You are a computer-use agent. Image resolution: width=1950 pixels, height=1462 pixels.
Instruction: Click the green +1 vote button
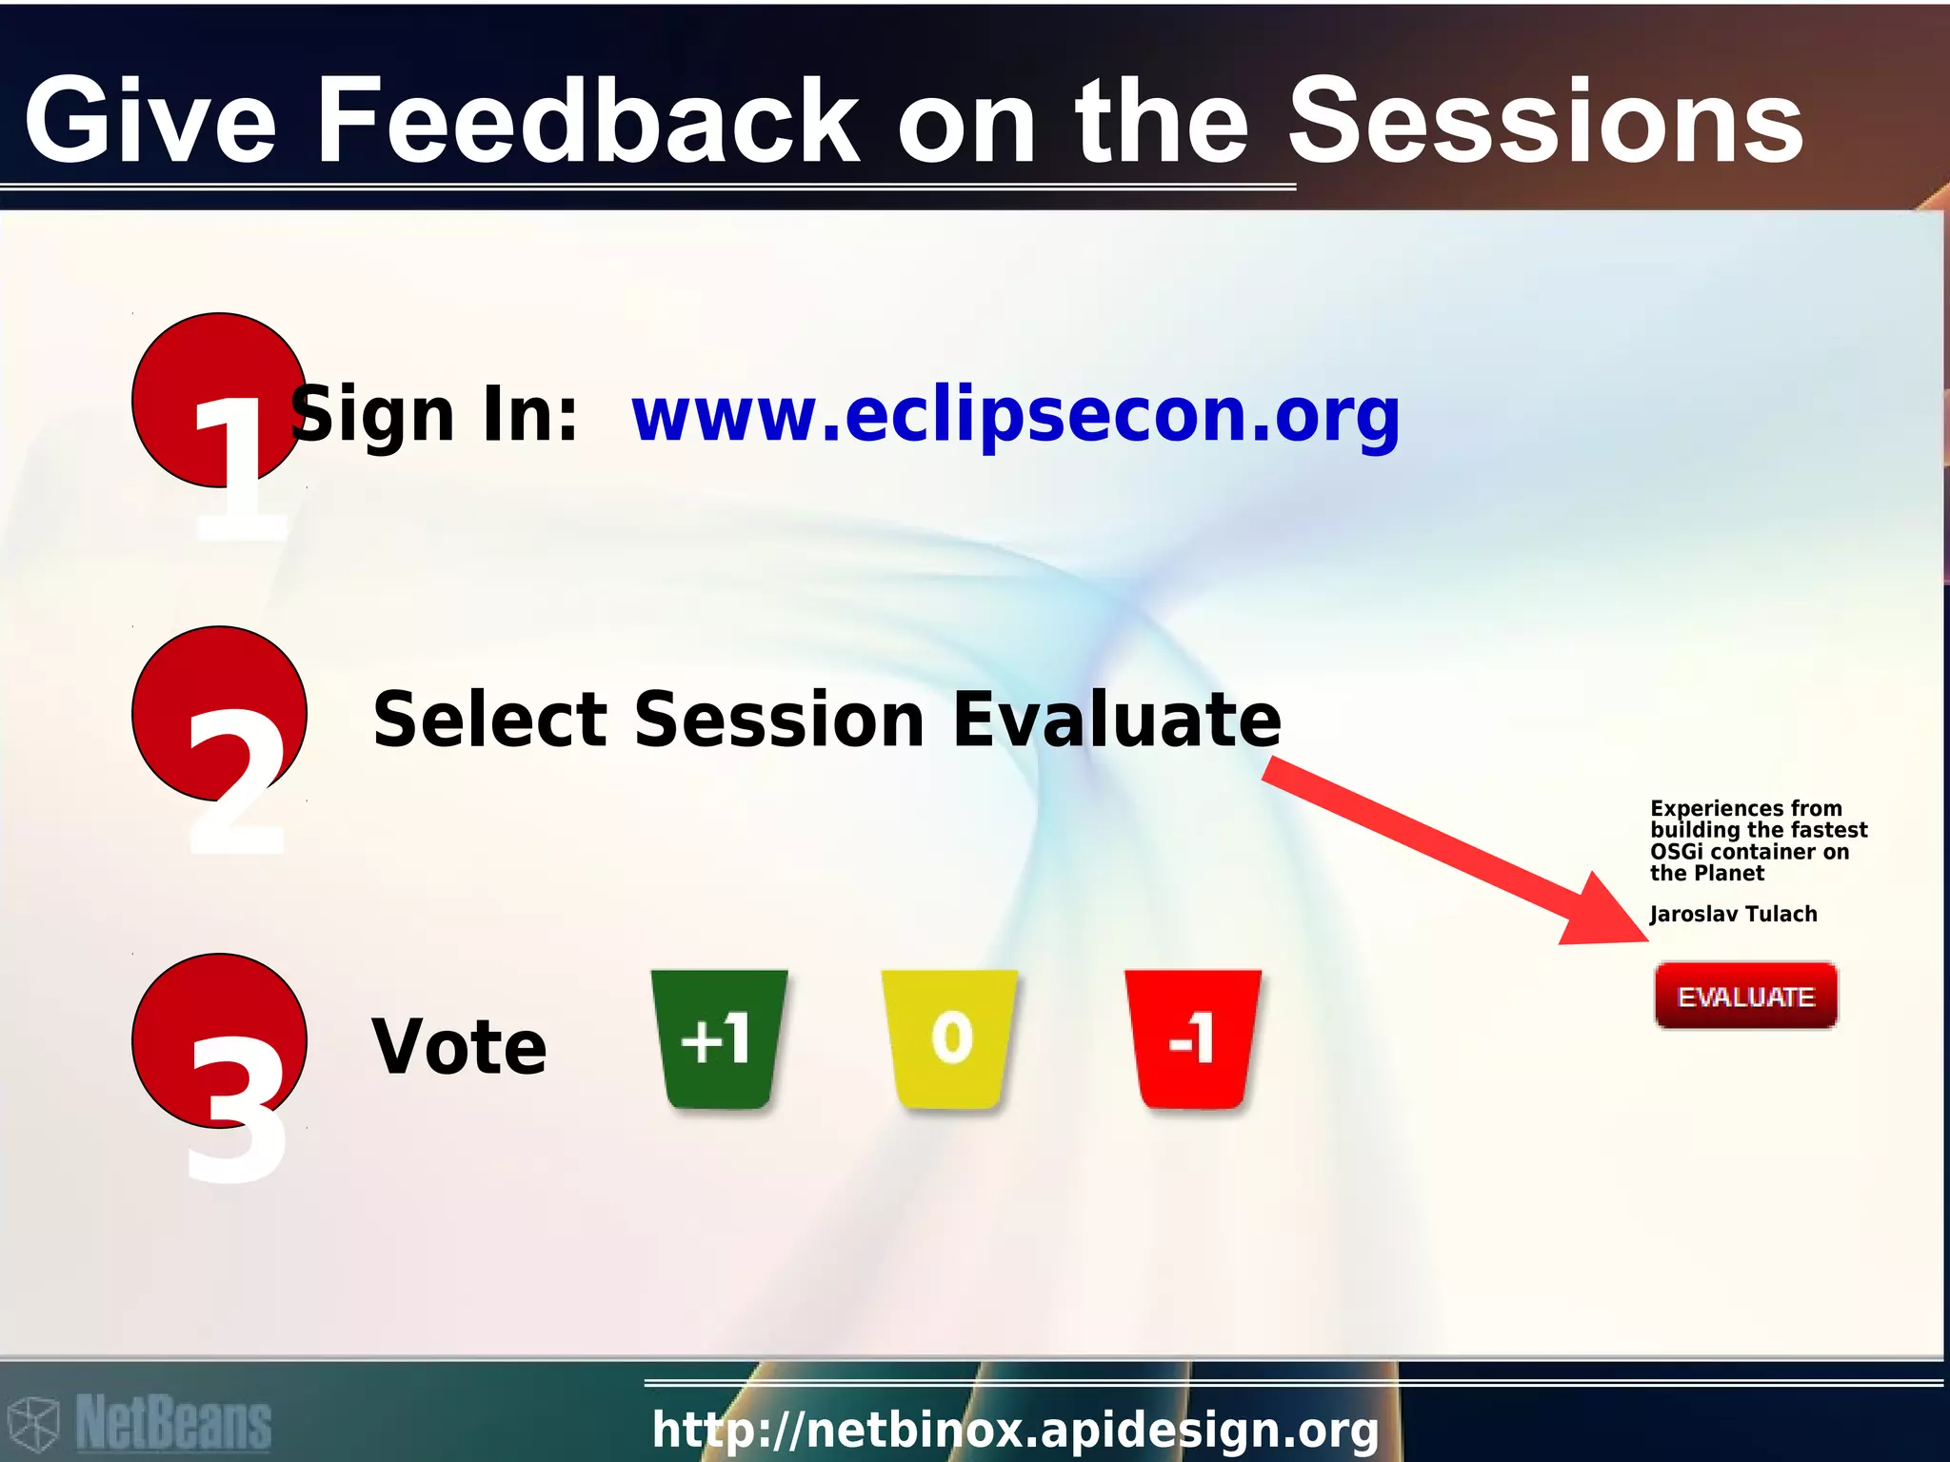[x=719, y=1038]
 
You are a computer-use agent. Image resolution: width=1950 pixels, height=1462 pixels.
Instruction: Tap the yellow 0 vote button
[x=950, y=1038]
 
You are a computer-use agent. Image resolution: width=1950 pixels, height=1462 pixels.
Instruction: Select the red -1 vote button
[x=1192, y=1038]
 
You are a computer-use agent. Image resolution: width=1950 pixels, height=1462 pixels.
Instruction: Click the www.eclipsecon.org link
[x=1015, y=416]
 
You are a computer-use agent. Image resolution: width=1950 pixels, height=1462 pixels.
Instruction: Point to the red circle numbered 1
[x=219, y=400]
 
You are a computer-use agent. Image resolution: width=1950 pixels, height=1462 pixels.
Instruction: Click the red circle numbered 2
[x=219, y=713]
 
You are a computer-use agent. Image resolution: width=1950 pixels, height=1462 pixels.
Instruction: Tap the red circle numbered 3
[x=219, y=1040]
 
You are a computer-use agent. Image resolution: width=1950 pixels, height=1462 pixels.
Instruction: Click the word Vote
[x=459, y=1047]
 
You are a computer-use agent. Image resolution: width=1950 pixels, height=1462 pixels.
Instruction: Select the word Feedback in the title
[x=587, y=122]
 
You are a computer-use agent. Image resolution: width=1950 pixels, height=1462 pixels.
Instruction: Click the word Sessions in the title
[x=1544, y=122]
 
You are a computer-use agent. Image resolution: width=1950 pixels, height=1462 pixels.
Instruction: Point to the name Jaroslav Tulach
[x=1733, y=915]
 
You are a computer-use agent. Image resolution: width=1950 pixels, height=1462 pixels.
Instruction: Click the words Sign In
[x=434, y=416]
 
